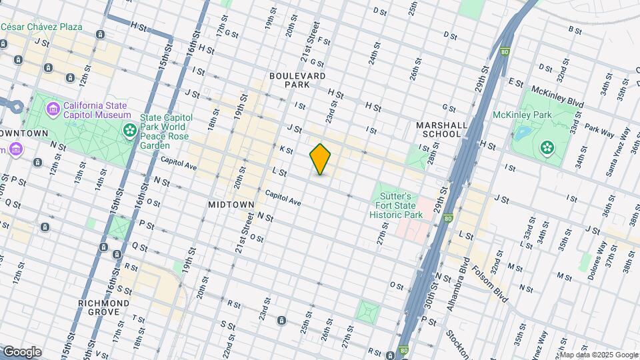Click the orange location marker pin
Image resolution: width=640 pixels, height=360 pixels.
click(320, 159)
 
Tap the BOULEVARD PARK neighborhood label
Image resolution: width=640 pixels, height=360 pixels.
click(297, 80)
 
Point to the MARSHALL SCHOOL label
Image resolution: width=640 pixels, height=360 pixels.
click(438, 129)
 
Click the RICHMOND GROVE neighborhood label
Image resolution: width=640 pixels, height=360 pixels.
click(103, 307)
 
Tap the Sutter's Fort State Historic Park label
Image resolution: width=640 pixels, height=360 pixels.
click(397, 205)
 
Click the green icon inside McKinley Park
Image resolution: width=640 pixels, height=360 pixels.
click(547, 147)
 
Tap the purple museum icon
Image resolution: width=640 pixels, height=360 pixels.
click(52, 107)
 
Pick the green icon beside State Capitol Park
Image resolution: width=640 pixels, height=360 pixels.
click(127, 130)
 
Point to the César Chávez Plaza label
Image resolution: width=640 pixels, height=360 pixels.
click(41, 27)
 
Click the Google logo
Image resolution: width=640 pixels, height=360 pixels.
click(21, 352)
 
